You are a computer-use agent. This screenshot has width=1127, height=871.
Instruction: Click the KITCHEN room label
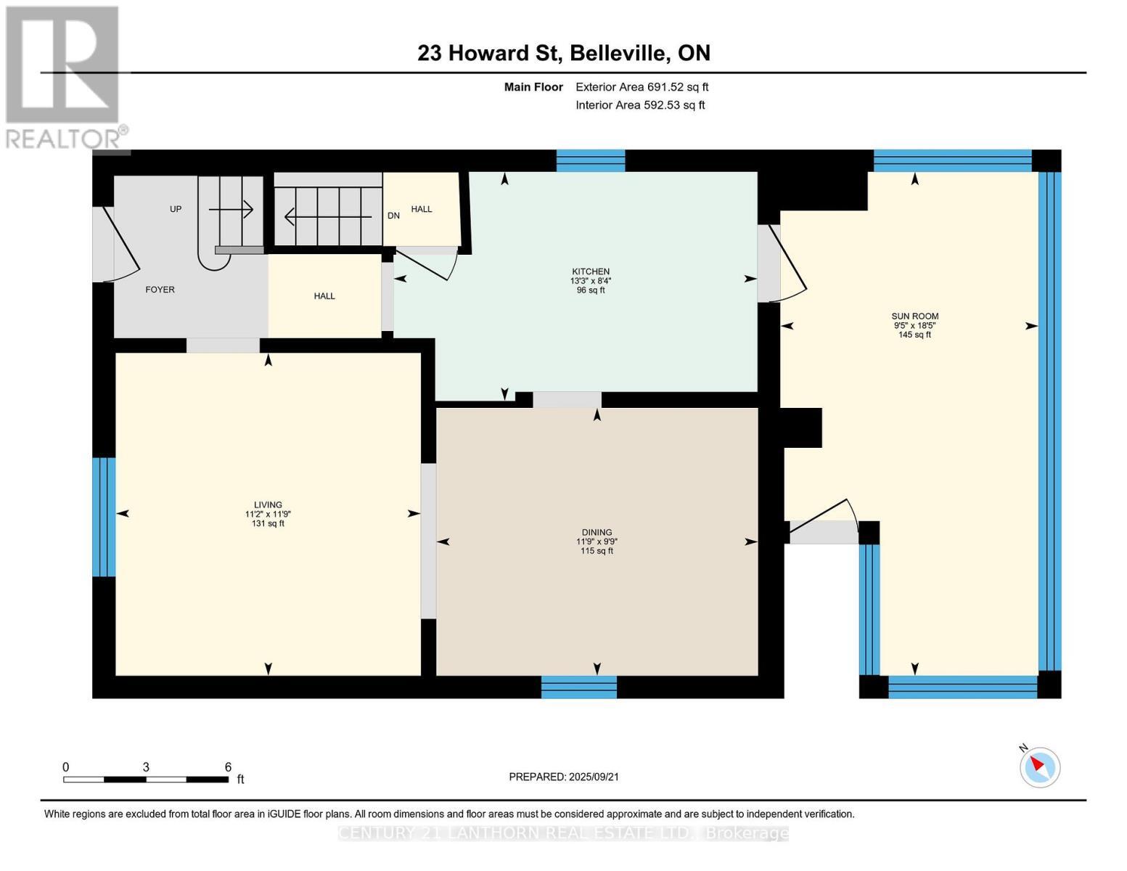point(590,271)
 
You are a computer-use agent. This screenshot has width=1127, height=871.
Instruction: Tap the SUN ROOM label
point(914,316)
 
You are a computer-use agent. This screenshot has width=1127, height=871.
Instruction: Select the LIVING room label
point(268,504)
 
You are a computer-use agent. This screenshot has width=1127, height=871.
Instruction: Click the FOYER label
point(160,290)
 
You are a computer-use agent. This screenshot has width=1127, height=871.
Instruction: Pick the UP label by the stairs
point(176,209)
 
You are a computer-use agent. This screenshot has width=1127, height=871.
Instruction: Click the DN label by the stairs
point(393,216)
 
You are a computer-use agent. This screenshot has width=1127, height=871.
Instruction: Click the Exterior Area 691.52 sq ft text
point(642,87)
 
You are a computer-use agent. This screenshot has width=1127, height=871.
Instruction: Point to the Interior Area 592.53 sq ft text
point(640,105)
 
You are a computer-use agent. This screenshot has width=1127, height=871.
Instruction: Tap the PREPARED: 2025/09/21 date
point(563,777)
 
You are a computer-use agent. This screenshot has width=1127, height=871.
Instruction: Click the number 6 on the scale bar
point(228,767)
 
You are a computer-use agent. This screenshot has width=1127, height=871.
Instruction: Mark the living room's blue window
point(104,517)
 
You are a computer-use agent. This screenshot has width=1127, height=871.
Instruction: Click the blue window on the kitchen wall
point(590,160)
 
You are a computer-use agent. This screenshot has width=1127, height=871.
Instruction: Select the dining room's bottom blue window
point(578,687)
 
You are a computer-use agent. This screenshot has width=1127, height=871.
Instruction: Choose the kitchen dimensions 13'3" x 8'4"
point(590,281)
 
